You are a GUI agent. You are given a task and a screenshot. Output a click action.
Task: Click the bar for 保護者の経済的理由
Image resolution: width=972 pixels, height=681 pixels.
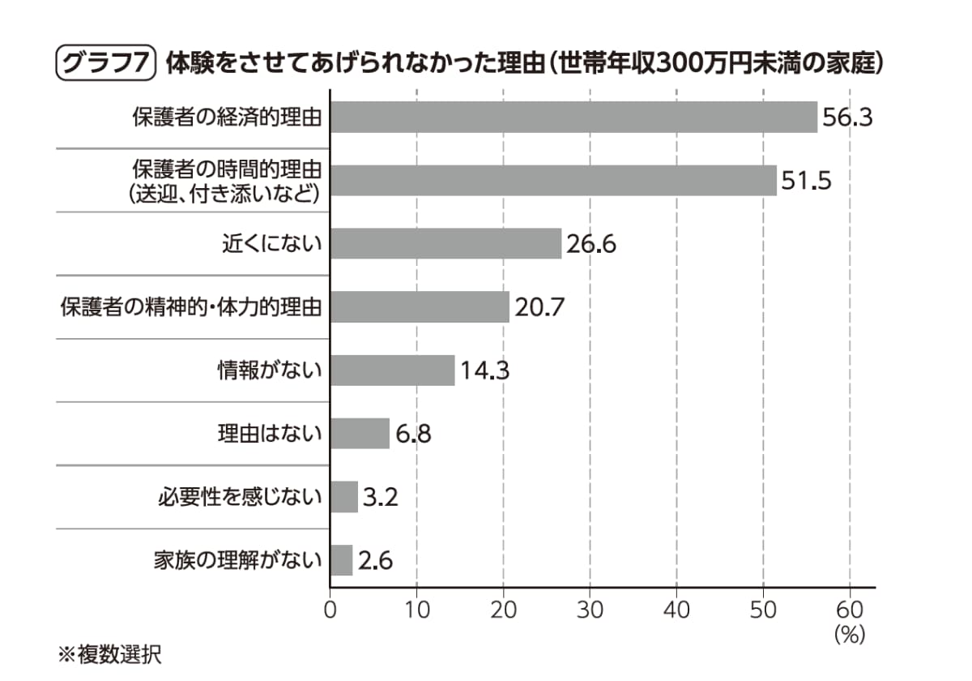point(573,117)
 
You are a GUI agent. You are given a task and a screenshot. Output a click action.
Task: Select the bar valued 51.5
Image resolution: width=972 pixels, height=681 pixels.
point(553,180)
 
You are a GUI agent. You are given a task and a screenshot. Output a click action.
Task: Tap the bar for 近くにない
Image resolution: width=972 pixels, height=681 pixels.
point(446,243)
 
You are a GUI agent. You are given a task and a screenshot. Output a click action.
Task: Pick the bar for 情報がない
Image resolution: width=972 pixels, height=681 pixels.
point(392,370)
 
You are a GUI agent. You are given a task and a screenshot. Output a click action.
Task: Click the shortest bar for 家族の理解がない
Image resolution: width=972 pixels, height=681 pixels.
point(341,560)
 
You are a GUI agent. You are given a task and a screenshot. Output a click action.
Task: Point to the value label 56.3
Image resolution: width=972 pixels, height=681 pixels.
point(847,118)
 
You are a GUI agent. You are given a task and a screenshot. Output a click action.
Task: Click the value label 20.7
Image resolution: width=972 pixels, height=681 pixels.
point(539,307)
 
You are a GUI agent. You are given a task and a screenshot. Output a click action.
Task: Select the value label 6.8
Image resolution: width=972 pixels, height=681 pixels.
point(413,434)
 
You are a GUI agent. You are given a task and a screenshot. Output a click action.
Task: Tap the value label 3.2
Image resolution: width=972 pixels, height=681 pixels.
point(379,497)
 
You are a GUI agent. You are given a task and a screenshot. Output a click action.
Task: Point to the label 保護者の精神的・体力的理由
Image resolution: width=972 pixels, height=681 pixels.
point(191,307)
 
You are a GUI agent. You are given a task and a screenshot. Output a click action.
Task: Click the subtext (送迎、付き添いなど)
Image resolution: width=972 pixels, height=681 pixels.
point(224,193)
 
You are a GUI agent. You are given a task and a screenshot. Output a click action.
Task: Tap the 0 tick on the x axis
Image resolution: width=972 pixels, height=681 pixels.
point(330,610)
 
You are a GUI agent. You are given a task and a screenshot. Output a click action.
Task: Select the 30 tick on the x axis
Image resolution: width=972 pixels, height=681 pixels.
point(590,610)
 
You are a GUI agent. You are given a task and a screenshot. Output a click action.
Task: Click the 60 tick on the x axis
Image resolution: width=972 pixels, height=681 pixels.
point(850,610)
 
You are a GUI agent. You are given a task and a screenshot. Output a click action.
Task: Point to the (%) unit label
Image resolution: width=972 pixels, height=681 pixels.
point(850,634)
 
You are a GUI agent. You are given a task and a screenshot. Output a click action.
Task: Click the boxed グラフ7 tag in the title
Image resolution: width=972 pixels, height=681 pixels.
point(104,64)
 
